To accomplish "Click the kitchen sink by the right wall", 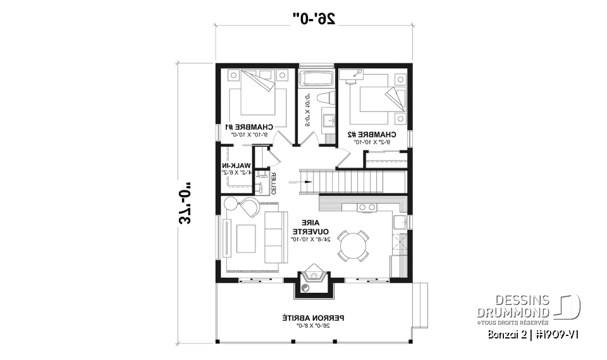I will [398, 222].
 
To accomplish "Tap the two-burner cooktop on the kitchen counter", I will [365, 207].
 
